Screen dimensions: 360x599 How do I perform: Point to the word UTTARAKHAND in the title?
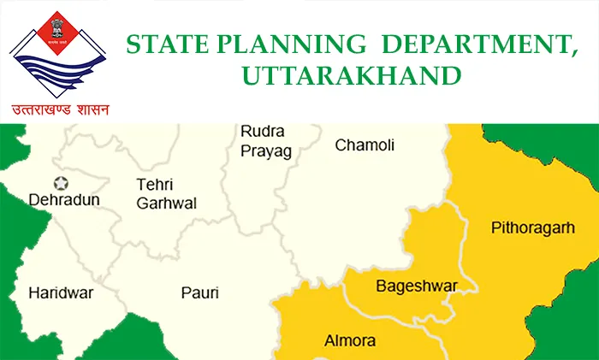351,76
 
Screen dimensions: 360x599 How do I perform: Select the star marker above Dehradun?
62,182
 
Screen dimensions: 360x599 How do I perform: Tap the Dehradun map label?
64,199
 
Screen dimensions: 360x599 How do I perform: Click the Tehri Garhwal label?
166,193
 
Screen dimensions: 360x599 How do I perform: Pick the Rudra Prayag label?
265,141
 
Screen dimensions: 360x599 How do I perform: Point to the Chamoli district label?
365,145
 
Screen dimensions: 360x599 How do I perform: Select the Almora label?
350,341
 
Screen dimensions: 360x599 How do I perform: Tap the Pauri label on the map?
199,293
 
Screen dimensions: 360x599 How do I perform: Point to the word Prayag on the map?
265,151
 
